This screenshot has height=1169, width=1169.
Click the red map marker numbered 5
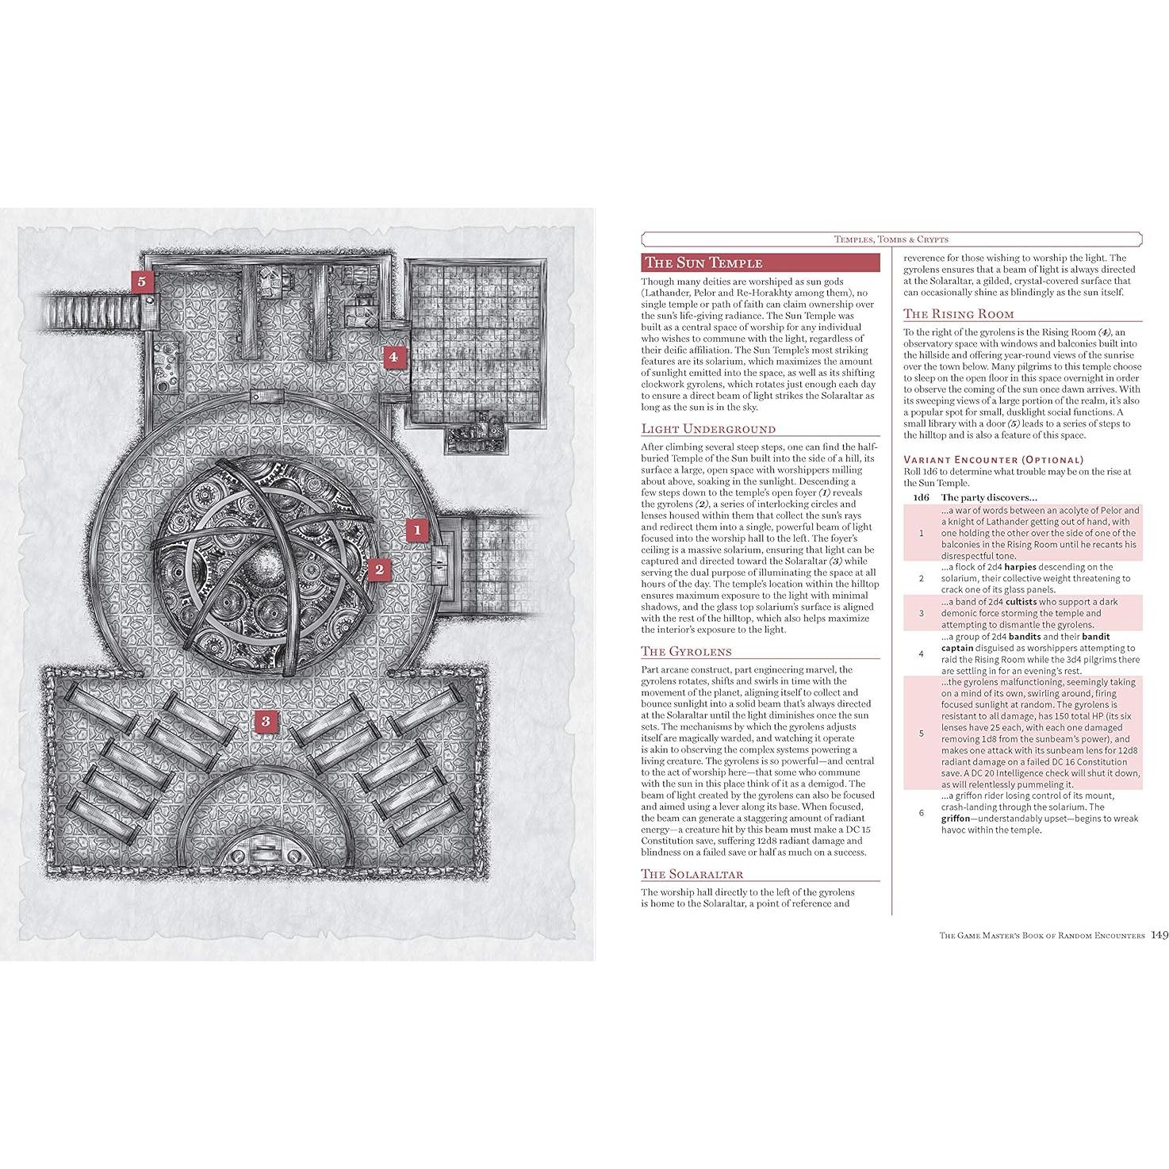coord(142,282)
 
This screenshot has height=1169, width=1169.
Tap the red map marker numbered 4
coord(393,357)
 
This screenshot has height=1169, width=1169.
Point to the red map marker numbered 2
coord(379,569)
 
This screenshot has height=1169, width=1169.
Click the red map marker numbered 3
coord(266,721)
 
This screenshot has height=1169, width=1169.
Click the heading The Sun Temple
coord(703,263)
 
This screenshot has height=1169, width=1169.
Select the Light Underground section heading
coord(708,429)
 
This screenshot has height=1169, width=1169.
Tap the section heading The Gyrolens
coord(687,651)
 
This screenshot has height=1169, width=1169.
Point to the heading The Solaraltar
coord(692,874)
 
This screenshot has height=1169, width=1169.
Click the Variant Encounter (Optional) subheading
coord(993,459)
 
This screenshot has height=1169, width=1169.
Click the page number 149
coord(1159,936)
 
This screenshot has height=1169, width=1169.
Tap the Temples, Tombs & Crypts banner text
coord(891,239)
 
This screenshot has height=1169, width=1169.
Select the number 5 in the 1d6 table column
coord(921,734)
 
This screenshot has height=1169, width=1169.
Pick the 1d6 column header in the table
coord(921,497)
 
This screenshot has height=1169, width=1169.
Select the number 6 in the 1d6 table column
coord(921,813)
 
